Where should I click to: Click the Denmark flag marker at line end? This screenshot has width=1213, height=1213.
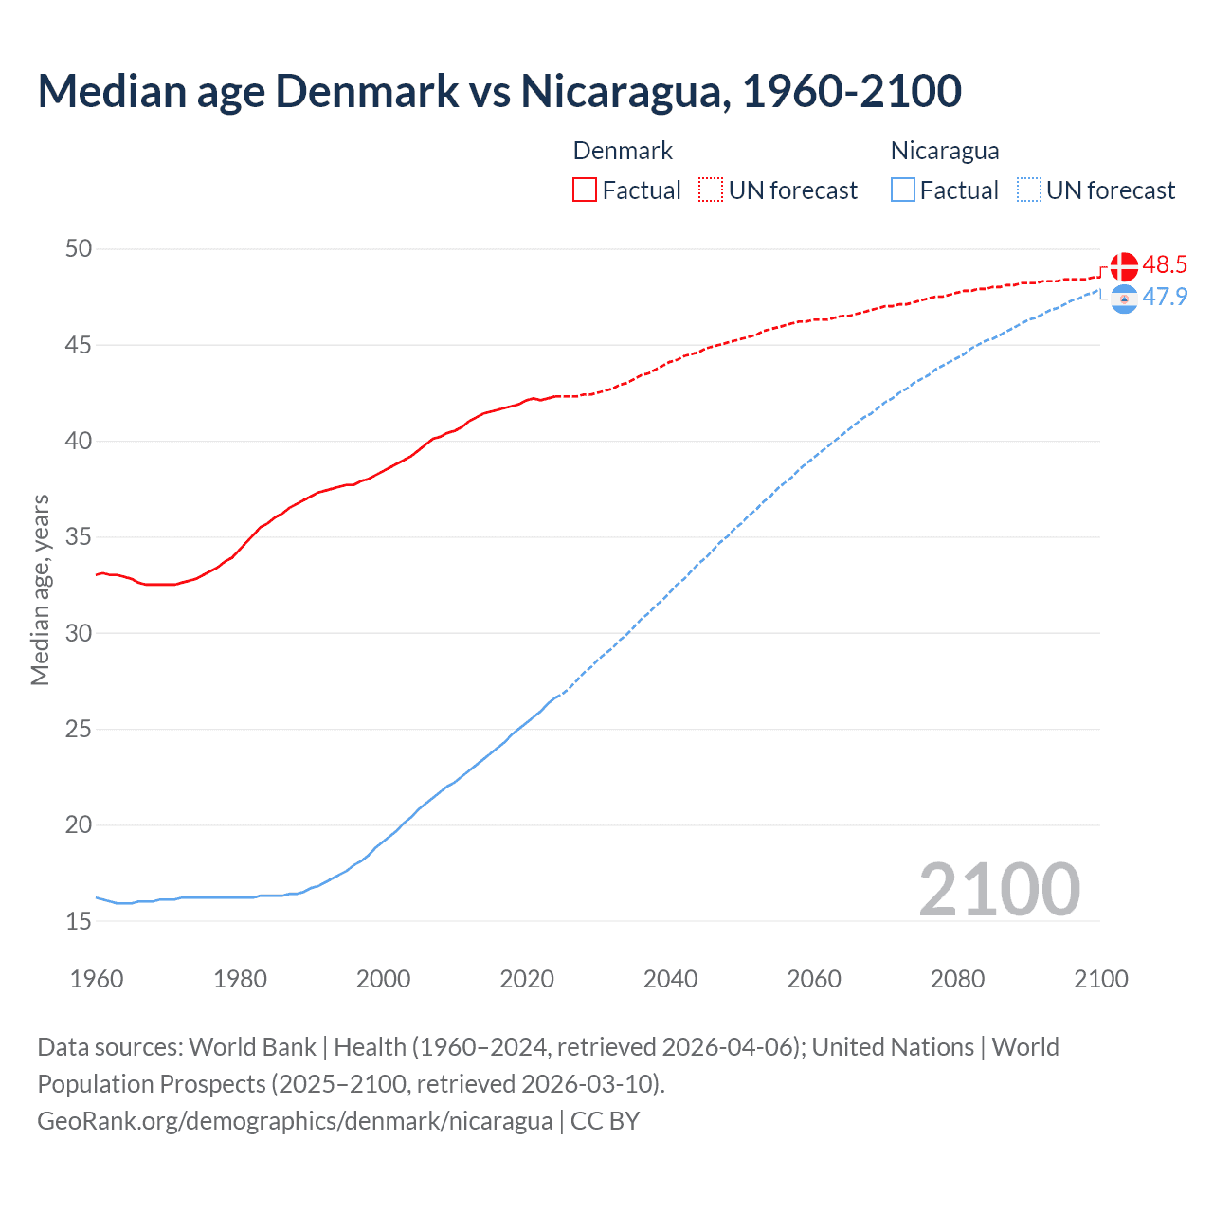coord(1123,267)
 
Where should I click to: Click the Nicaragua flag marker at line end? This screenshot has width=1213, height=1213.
coord(1123,299)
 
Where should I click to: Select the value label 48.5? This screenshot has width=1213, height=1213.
coord(1165,265)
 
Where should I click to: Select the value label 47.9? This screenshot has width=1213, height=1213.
coord(1165,297)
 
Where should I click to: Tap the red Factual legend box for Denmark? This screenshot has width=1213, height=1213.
coord(585,190)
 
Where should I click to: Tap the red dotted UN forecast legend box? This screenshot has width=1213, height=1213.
coord(711,190)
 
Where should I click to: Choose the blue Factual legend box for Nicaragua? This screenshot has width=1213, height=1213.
coord(903,190)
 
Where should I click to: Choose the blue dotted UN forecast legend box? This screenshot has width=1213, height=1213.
coord(1028,190)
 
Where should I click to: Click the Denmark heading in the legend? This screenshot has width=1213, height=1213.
coord(623,151)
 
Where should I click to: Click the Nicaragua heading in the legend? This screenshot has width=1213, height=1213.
coord(945,151)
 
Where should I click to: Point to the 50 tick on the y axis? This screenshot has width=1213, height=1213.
coord(79,249)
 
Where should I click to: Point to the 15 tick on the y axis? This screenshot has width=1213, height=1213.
coord(79,921)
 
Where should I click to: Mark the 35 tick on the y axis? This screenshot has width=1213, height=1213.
coord(79,537)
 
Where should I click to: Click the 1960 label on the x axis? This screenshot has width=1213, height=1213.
coord(97,979)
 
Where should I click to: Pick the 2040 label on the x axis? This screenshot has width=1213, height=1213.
coord(670,979)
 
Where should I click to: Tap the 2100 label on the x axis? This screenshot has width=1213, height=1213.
coord(1100,979)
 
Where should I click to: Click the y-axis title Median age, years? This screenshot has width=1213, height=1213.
coord(40,589)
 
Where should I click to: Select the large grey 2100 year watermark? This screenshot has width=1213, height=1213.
coord(999,889)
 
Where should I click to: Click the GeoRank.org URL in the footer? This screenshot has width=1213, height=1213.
coord(295,1121)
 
